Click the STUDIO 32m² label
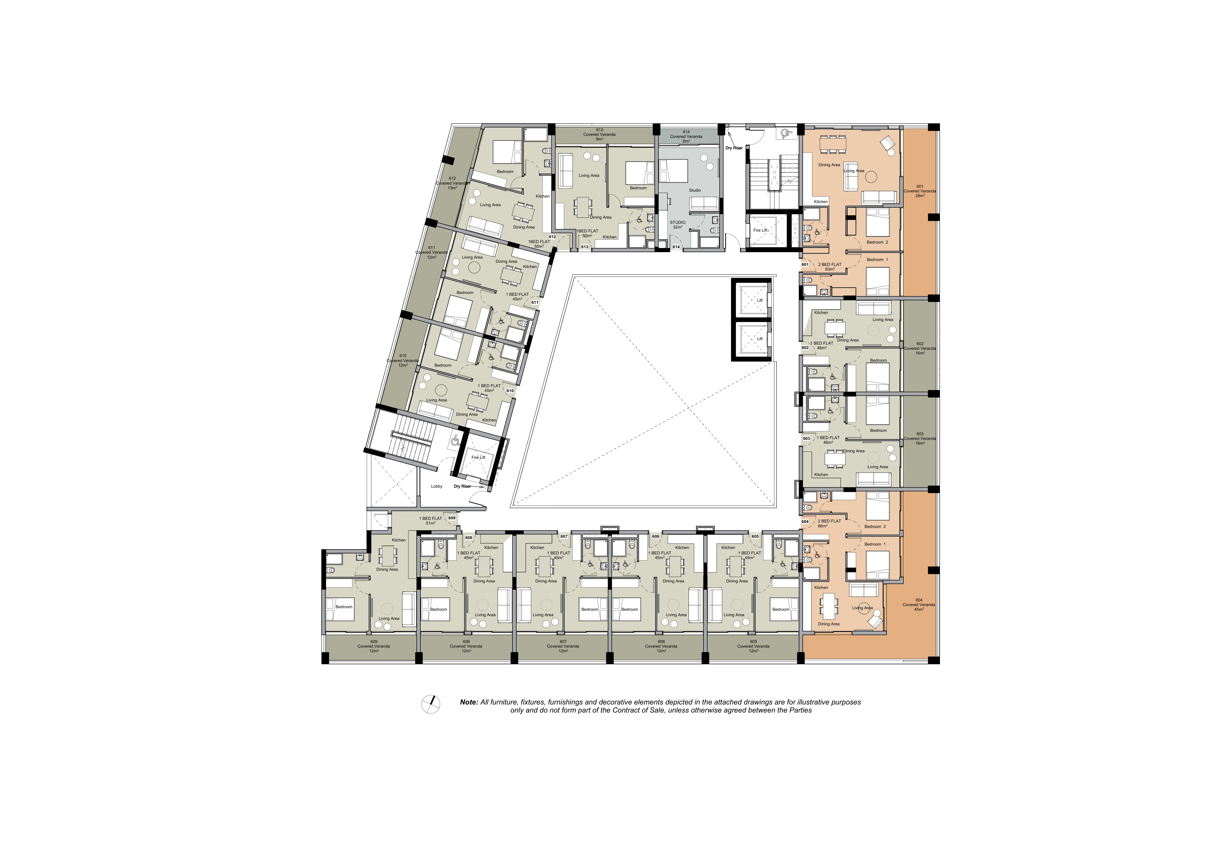(x=677, y=225)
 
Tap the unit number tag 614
(x=676, y=247)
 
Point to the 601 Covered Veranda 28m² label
(x=920, y=191)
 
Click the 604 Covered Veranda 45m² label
(x=919, y=605)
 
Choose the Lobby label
(x=437, y=486)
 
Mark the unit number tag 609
(x=452, y=518)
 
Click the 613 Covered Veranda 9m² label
(x=599, y=134)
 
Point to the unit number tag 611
(x=535, y=303)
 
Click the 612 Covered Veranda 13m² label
(x=452, y=183)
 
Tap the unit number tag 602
(x=805, y=347)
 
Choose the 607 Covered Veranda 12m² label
(x=563, y=646)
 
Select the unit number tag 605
(x=755, y=536)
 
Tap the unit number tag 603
(x=806, y=439)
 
